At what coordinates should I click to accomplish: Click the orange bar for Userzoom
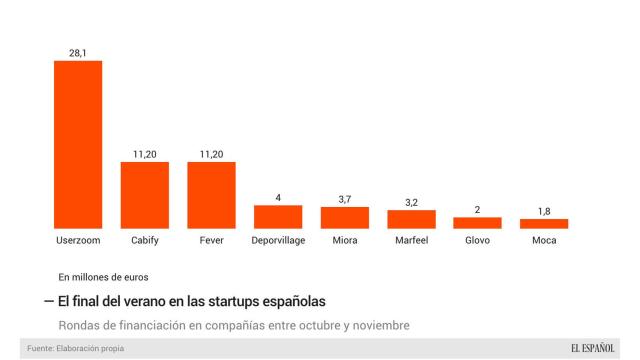click(x=77, y=145)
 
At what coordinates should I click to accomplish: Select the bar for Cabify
click(x=144, y=195)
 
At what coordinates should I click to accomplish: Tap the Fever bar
click(x=211, y=195)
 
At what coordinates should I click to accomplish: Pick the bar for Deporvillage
click(x=278, y=217)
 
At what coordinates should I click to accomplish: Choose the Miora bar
click(x=344, y=218)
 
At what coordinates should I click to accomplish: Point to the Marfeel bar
click(x=411, y=219)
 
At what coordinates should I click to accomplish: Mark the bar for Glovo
click(x=477, y=223)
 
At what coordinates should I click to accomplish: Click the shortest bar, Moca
click(x=544, y=224)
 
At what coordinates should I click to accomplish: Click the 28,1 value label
click(x=77, y=50)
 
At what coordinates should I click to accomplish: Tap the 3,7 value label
click(x=344, y=198)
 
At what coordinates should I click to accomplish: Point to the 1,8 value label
click(x=544, y=210)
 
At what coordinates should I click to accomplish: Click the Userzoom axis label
click(x=77, y=241)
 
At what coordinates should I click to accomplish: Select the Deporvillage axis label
click(x=278, y=241)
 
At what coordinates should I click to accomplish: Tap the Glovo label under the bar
click(x=477, y=241)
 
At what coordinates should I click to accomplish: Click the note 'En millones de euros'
click(x=104, y=276)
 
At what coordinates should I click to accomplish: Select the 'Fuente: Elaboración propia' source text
click(x=76, y=348)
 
